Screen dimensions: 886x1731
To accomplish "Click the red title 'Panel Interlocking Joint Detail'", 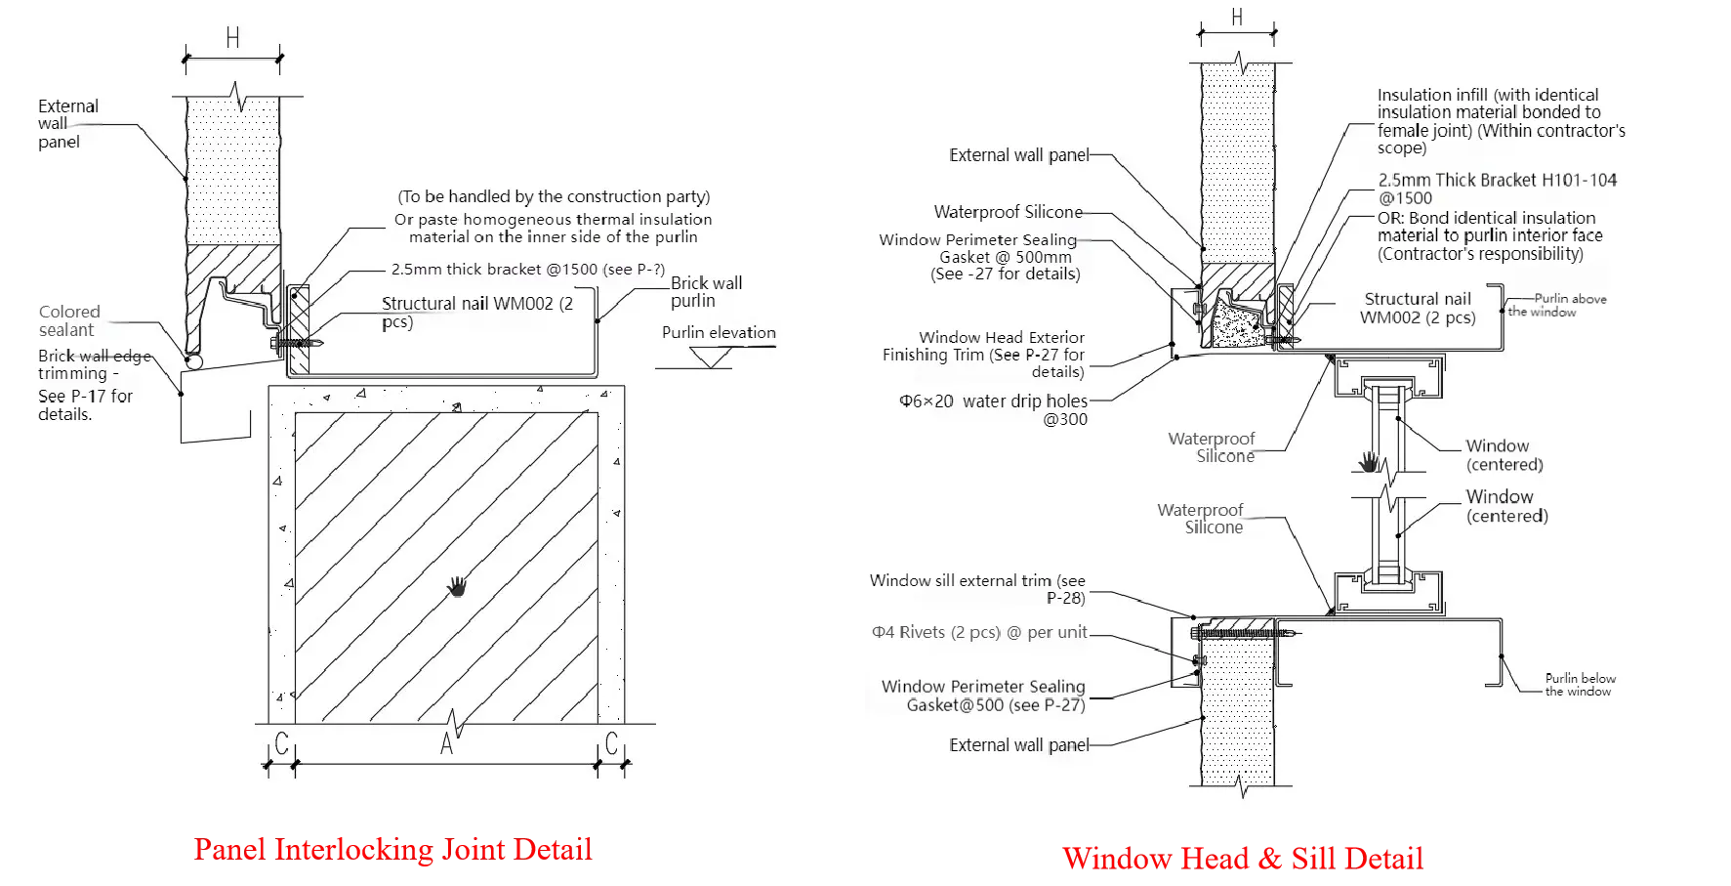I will [392, 848].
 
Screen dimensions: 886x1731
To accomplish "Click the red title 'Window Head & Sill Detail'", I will [1242, 859].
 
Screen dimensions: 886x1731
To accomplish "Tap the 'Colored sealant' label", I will [68, 320].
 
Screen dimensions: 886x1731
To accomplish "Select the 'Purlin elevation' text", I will [719, 332].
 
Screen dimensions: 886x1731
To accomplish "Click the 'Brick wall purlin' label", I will [706, 291].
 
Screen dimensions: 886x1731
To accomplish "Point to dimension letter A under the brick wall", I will [446, 744].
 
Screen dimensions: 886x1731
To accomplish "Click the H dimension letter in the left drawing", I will [233, 38].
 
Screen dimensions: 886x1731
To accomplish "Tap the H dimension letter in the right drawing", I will [1237, 18].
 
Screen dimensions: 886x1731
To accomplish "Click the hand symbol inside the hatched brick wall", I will [457, 586].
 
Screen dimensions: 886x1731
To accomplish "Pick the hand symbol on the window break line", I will [1369, 460].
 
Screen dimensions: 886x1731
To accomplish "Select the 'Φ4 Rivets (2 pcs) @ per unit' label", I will [979, 632].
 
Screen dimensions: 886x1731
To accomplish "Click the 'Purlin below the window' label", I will [1580, 684].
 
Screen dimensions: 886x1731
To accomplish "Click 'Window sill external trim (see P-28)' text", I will [977, 588].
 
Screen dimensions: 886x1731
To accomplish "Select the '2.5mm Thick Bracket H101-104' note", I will [1497, 189].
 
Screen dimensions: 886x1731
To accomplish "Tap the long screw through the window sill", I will [1245, 633].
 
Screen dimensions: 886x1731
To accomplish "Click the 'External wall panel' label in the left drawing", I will [68, 123].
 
